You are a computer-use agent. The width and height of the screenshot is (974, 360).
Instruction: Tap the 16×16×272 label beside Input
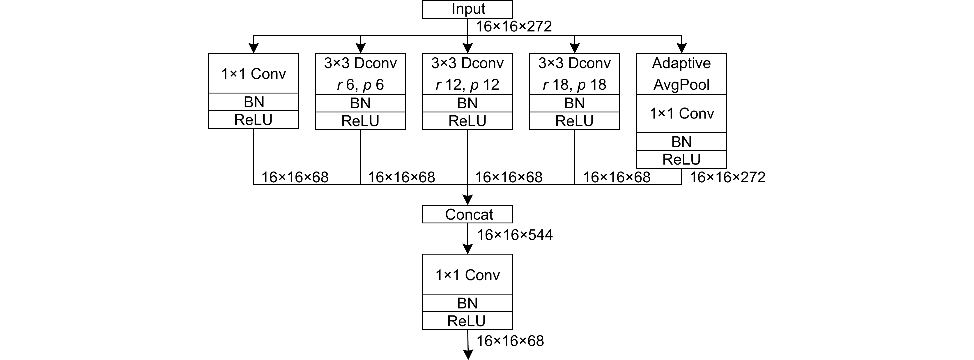pyautogui.click(x=513, y=27)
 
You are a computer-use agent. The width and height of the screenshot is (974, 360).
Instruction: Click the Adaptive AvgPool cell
pyautogui.click(x=681, y=74)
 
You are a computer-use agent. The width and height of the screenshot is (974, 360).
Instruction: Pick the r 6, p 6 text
pyautogui.click(x=360, y=85)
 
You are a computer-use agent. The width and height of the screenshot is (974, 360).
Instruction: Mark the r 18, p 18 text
pyautogui.click(x=574, y=85)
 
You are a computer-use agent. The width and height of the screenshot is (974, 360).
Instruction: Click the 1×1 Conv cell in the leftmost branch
pyautogui.click(x=253, y=74)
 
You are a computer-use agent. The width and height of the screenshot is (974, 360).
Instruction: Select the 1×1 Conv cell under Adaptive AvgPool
pyautogui.click(x=681, y=113)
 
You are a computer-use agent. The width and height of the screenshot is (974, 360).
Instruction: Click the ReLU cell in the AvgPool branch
pyautogui.click(x=681, y=159)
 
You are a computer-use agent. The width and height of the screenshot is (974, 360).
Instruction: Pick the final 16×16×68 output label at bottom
pyautogui.click(x=510, y=341)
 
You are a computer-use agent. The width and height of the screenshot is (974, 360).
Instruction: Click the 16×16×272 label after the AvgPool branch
pyautogui.click(x=727, y=177)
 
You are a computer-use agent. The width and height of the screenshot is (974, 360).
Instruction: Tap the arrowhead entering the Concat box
pyautogui.click(x=468, y=200)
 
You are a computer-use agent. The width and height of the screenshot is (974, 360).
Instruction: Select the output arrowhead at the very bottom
pyautogui.click(x=468, y=355)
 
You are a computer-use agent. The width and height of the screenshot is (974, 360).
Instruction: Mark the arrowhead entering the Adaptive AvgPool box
pyautogui.click(x=681, y=48)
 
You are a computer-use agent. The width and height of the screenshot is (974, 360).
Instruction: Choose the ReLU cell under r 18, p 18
pyautogui.click(x=574, y=121)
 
